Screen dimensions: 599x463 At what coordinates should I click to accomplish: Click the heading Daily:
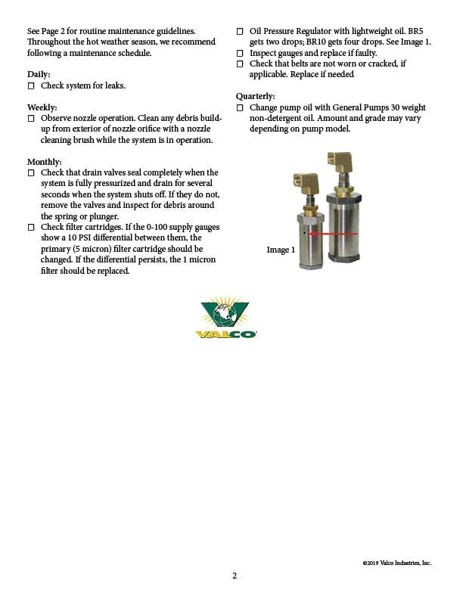click(x=39, y=74)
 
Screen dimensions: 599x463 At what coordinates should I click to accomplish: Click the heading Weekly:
click(x=42, y=107)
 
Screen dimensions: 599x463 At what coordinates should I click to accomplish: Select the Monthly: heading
click(x=44, y=162)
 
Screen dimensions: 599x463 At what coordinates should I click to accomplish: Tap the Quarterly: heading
click(x=255, y=97)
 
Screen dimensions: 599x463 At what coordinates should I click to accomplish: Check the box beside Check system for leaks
click(x=31, y=85)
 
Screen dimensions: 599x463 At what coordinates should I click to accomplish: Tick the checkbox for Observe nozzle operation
click(x=31, y=119)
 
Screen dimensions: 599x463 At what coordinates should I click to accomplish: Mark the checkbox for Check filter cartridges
click(x=31, y=227)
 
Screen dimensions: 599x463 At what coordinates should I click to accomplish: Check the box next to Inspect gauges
click(x=240, y=53)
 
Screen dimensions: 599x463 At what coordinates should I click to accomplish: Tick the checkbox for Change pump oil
click(x=240, y=108)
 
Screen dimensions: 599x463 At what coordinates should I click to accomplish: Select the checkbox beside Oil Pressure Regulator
click(x=240, y=31)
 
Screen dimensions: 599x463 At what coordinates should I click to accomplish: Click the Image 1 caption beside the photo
click(x=280, y=250)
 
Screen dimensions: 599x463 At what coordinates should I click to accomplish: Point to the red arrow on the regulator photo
click(x=333, y=234)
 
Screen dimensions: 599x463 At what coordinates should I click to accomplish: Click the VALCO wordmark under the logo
click(x=225, y=334)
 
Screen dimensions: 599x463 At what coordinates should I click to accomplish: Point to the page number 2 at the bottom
click(x=234, y=576)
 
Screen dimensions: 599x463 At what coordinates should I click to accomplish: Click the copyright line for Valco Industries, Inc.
click(x=396, y=563)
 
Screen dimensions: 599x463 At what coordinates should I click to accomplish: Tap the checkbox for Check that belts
click(x=240, y=64)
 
